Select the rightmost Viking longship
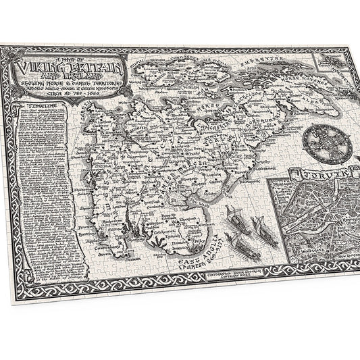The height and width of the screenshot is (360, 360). pyautogui.click(x=257, y=226)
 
